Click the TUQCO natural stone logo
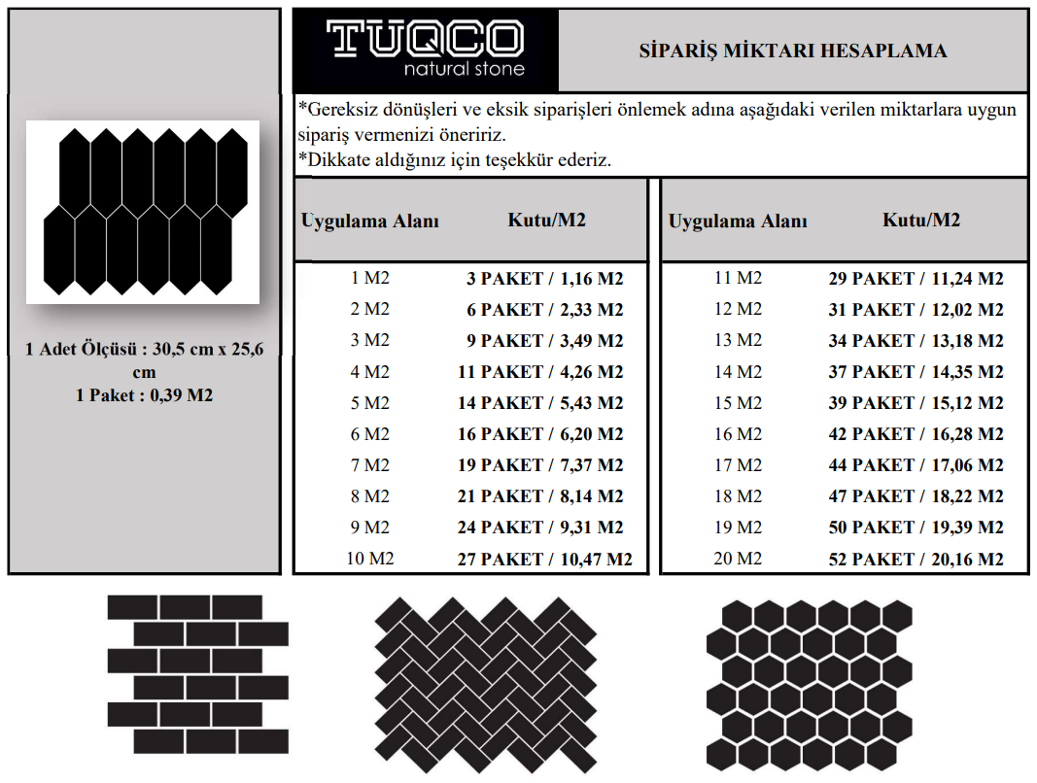click(426, 50)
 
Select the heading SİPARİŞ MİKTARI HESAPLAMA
click(792, 51)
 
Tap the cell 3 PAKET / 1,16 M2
click(545, 279)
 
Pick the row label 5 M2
click(369, 403)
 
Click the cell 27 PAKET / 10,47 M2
click(545, 559)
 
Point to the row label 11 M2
click(738, 278)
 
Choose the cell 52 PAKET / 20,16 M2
click(916, 559)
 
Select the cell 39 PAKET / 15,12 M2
click(916, 403)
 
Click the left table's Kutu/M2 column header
click(546, 220)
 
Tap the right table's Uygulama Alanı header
click(738, 221)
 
